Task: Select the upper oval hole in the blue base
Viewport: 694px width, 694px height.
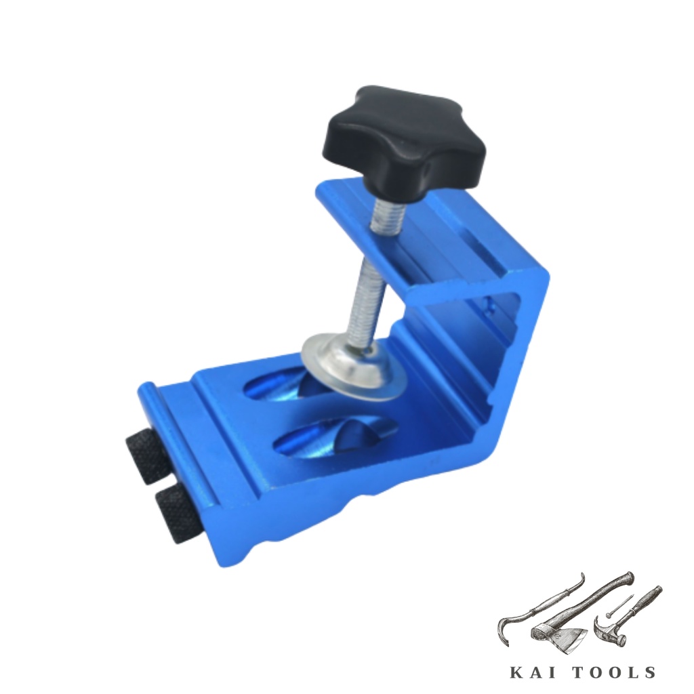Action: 283,385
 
